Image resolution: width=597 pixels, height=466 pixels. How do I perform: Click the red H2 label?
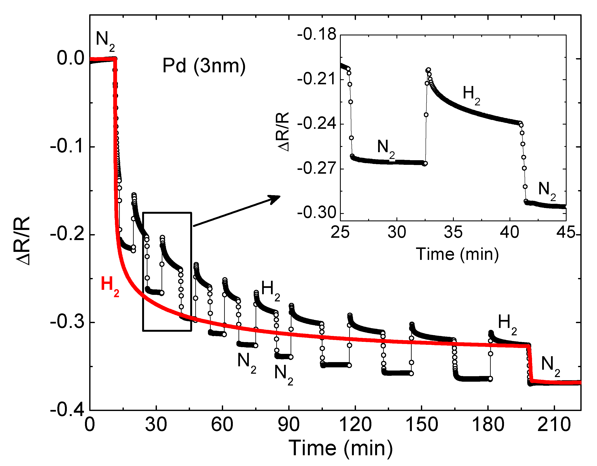[110, 285]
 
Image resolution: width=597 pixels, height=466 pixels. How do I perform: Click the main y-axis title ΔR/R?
[23, 240]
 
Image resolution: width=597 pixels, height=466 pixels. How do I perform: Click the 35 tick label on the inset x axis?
[453, 232]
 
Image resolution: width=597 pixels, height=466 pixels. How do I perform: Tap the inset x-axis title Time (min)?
[457, 254]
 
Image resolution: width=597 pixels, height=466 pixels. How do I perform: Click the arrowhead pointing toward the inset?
[275, 199]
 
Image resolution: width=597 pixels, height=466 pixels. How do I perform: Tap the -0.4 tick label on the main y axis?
[67, 410]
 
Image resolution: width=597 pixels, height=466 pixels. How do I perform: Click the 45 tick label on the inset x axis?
[566, 232]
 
